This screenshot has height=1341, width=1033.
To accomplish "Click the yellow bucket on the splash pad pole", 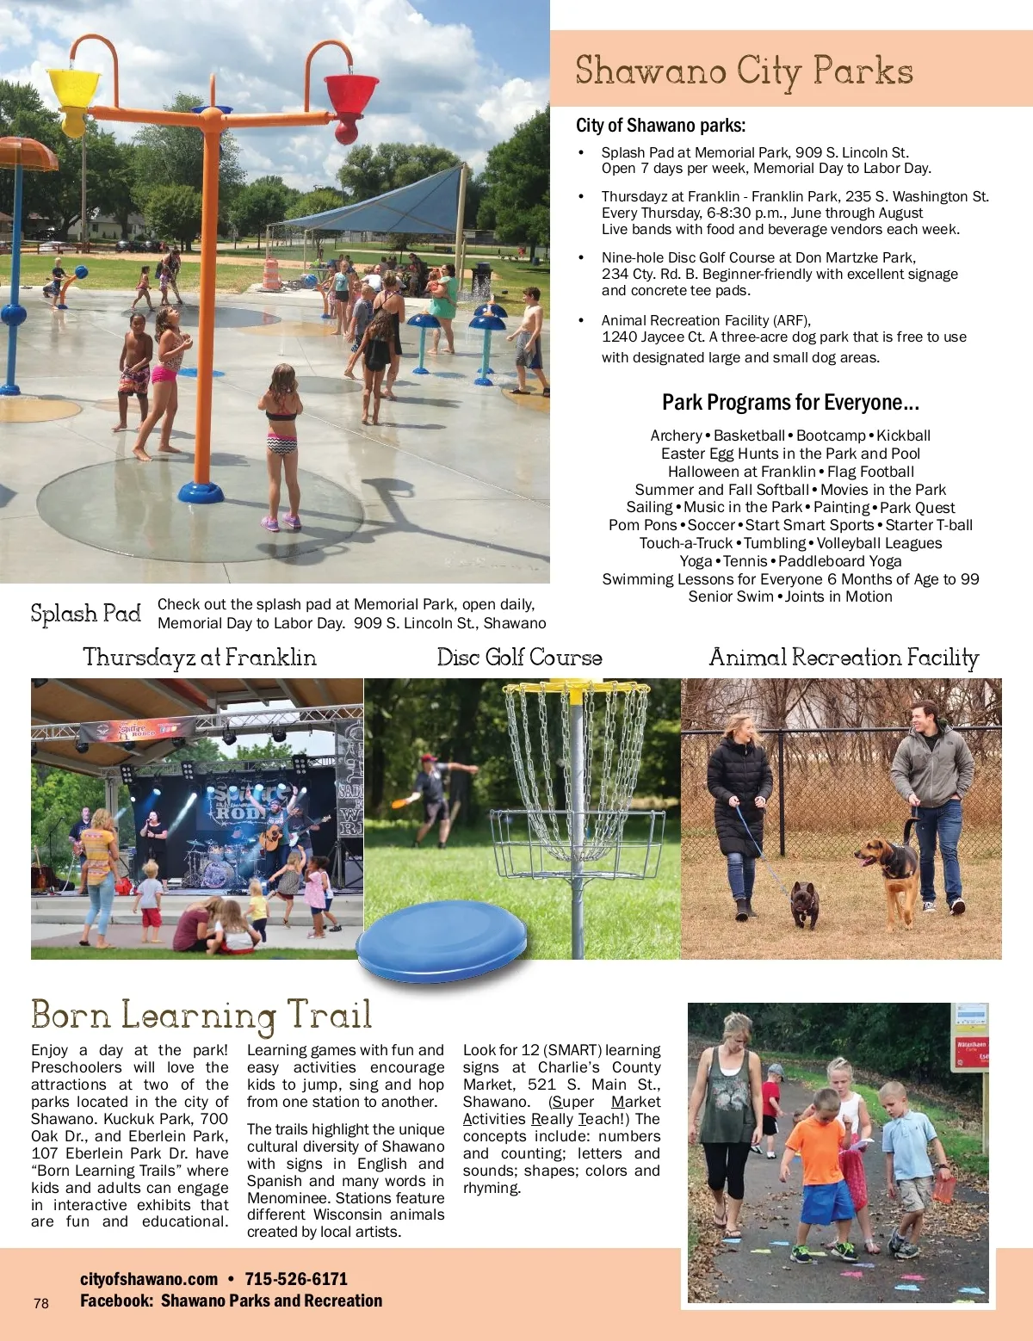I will pos(75,96).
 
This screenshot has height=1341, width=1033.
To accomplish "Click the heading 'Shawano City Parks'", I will pos(744,71).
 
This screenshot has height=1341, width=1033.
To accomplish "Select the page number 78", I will pos(41,1303).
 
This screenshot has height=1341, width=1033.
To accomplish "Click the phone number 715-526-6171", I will pos(296,1279).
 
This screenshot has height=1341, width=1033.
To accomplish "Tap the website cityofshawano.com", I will pos(149,1279).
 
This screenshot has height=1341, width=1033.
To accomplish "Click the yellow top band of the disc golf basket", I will pos(577,688).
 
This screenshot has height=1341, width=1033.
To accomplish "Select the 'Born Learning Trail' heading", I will pos(201,1015).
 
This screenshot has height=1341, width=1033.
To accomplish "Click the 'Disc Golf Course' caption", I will pos(519,658).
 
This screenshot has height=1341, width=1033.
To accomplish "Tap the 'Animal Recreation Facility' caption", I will pos(844,658).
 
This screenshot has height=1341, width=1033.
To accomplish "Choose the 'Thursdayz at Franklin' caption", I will pos(200,658).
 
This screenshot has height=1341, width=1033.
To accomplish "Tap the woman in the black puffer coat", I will pos(739,800).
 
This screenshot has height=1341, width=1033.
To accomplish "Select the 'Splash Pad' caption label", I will pos(86,614).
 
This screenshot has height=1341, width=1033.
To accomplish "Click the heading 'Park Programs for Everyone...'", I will pos(790,403).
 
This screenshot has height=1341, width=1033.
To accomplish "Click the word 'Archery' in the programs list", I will pos(676,436).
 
